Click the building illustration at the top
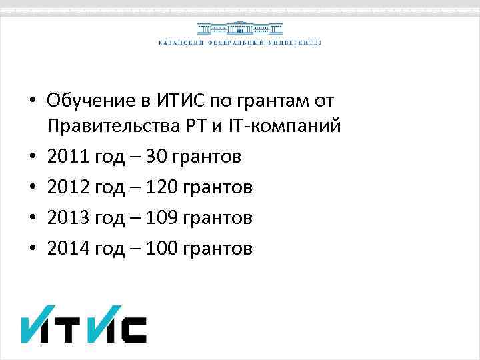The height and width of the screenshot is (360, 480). [x=239, y=28]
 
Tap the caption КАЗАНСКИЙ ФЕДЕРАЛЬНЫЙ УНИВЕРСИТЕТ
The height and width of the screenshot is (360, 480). [x=239, y=43]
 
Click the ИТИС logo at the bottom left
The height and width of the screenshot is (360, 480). [x=83, y=325]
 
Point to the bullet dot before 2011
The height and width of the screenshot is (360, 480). [x=31, y=158]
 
